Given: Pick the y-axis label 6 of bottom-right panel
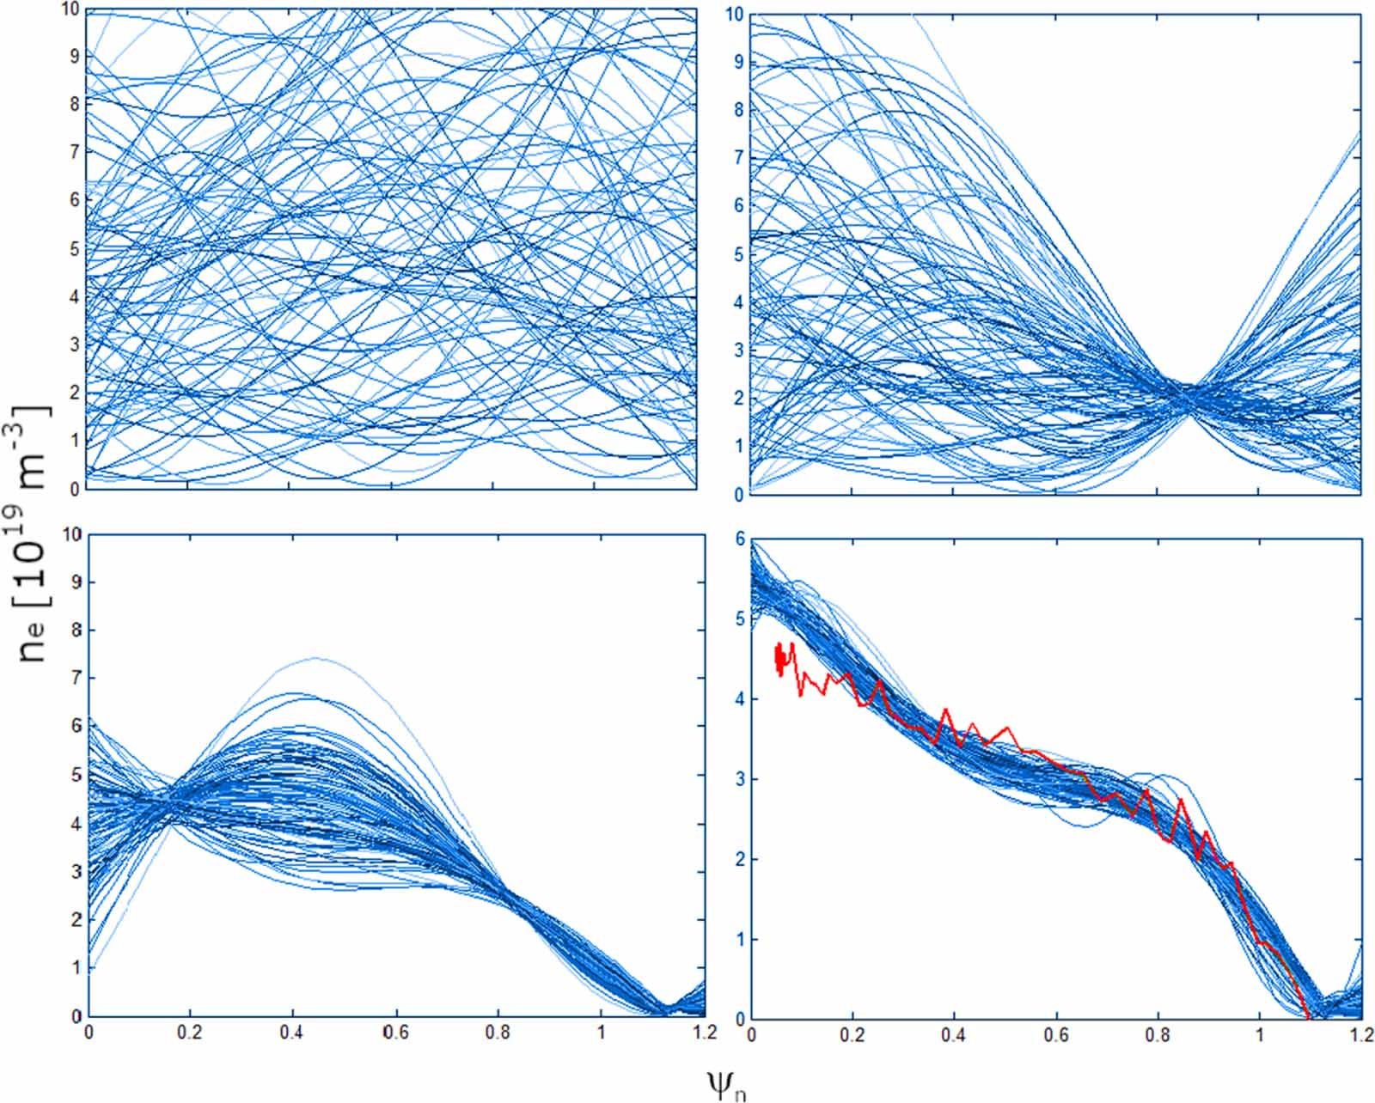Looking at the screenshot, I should coord(740,539).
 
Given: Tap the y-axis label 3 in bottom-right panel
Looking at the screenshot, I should coord(740,780).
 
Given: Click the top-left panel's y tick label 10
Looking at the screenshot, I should coord(70,9).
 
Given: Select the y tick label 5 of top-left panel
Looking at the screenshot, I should coord(75,249).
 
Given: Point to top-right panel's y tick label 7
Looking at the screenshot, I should coord(740,158).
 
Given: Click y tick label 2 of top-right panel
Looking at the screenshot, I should coord(740,399).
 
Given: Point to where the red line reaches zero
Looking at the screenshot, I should coord(1307,1018).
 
